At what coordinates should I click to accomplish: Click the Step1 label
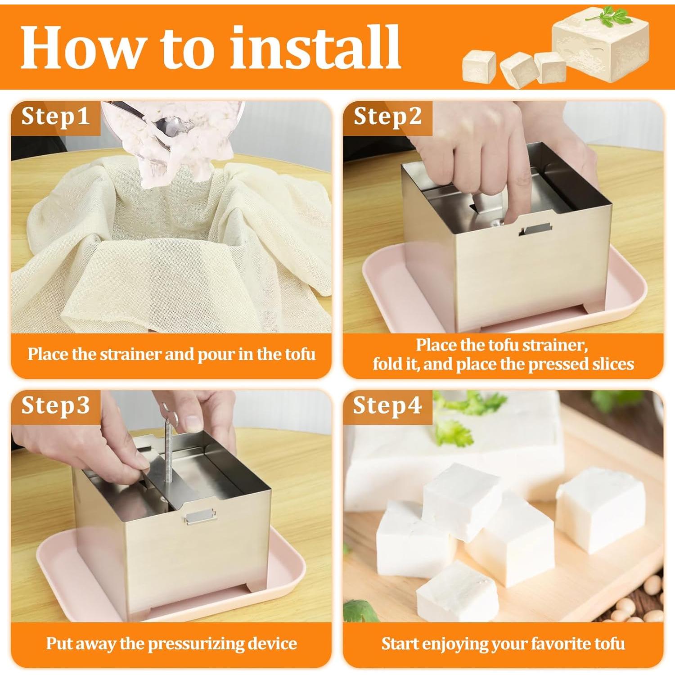pyautogui.click(x=55, y=117)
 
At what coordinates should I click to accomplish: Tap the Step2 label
pyautogui.click(x=387, y=117)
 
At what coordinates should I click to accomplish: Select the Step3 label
pyautogui.click(x=55, y=405)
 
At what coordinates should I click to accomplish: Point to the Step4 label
pyautogui.click(x=387, y=405)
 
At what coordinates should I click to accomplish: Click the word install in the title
pyautogui.click(x=315, y=47)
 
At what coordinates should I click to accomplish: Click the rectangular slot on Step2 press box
pyautogui.click(x=535, y=229)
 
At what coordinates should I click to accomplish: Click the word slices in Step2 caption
pyautogui.click(x=613, y=364)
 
